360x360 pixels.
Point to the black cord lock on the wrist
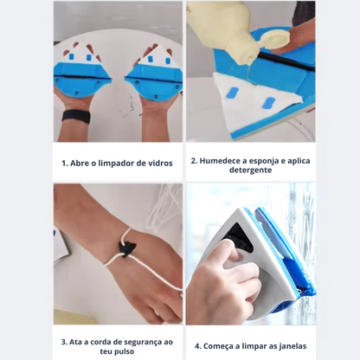coord(127,251)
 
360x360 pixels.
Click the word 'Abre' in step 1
coord(85,164)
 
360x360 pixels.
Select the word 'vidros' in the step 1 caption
coord(158,164)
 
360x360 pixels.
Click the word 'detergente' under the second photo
coord(249,170)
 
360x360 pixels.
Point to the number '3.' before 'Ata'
coord(65,341)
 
